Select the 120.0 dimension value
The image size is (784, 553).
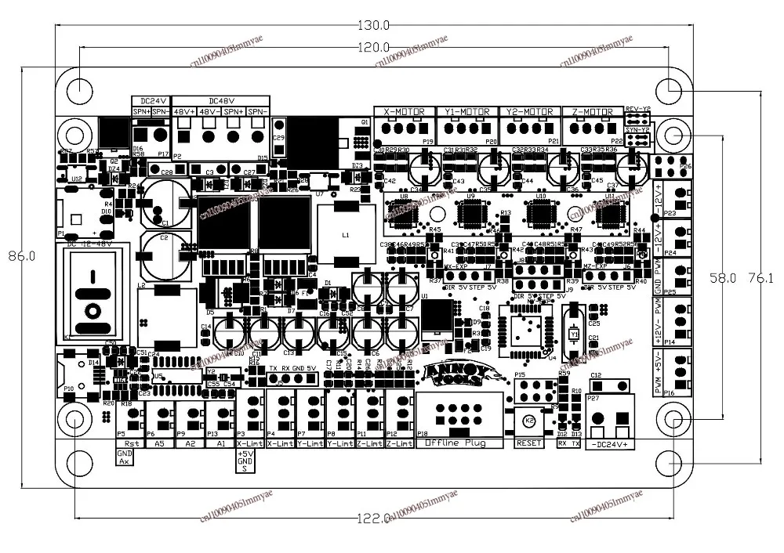pyautogui.click(x=375, y=46)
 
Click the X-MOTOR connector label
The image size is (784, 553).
pyautogui.click(x=404, y=112)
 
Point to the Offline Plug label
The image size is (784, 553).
pyautogui.click(x=456, y=443)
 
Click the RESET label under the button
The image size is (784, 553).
pyautogui.click(x=529, y=443)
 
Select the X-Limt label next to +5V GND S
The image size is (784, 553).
pyautogui.click(x=251, y=443)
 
